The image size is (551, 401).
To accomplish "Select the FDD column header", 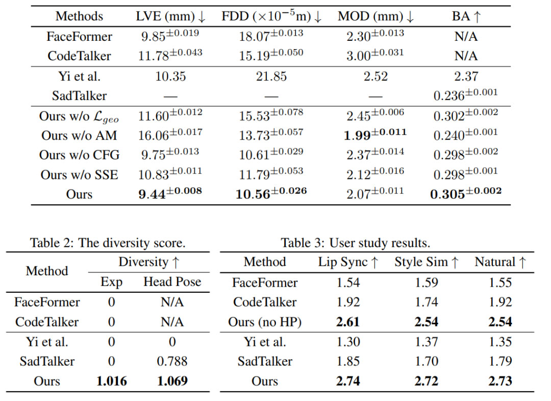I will coord(271,16).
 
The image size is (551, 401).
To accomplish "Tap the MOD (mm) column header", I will coord(375,16).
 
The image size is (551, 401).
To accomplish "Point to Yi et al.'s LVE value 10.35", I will coord(170,77).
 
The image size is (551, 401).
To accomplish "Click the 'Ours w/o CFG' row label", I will coord(79,155).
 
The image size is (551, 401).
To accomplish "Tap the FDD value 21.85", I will coord(271,77).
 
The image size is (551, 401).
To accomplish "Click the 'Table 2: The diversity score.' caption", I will coord(108,242).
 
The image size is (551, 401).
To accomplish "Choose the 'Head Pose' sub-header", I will coord(172,281).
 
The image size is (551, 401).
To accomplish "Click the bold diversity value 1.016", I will coord(111,381).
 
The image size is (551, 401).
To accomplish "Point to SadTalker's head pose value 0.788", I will coord(172,361).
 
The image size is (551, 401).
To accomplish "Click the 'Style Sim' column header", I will coord(427,262).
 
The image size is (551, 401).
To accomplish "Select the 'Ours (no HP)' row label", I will coord(264,322).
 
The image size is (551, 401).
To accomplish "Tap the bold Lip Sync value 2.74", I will coord(348,381).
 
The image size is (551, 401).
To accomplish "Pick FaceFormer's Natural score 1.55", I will coord(499,282).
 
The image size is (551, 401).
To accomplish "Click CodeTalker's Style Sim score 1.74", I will coord(427,302).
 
